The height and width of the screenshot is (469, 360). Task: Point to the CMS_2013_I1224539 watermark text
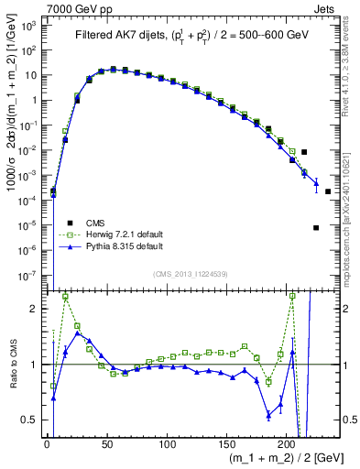191,272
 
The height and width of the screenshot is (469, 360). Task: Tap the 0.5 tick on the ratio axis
31,420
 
